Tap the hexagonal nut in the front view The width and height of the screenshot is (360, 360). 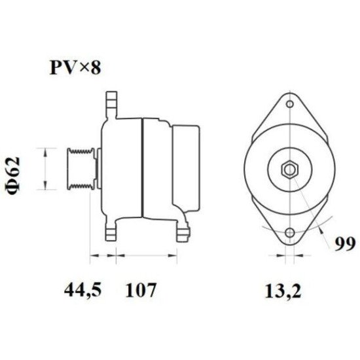tap(289, 170)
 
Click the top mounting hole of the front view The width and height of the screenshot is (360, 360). tap(289, 103)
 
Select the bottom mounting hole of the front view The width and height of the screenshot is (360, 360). tap(289, 234)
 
